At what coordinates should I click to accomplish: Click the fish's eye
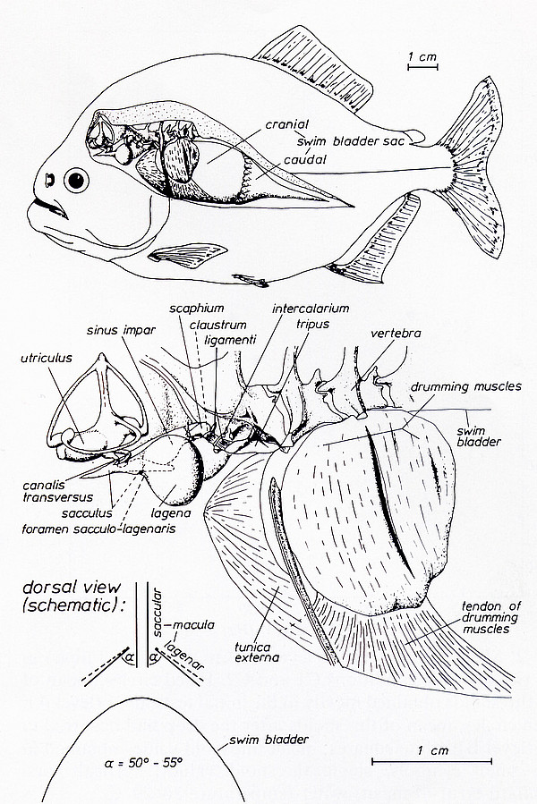(x=78, y=182)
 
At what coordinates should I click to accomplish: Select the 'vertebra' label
(x=394, y=334)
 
